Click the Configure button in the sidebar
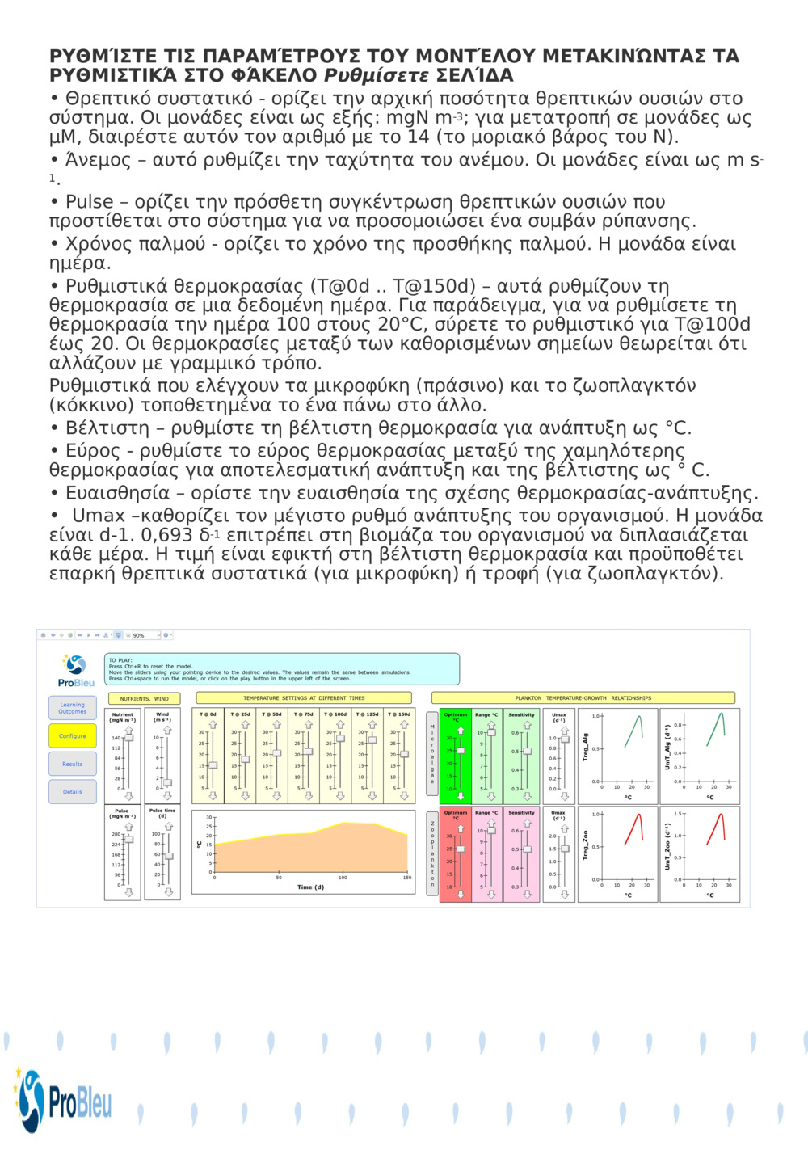click(72, 735)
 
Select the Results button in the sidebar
click(72, 764)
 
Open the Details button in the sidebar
click(72, 792)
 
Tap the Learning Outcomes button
click(72, 708)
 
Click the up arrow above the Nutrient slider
click(128, 730)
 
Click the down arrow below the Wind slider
click(167, 796)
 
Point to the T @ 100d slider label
click(335, 714)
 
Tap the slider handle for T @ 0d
click(213, 765)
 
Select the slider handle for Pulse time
click(168, 856)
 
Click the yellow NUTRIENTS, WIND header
click(145, 698)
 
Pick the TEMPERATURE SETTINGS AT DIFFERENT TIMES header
click(304, 698)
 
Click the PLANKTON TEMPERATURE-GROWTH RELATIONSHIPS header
click(583, 698)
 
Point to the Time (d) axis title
click(310, 887)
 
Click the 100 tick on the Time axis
click(343, 878)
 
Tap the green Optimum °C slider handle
click(461, 751)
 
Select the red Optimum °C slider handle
click(461, 849)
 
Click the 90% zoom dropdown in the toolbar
click(145, 635)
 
